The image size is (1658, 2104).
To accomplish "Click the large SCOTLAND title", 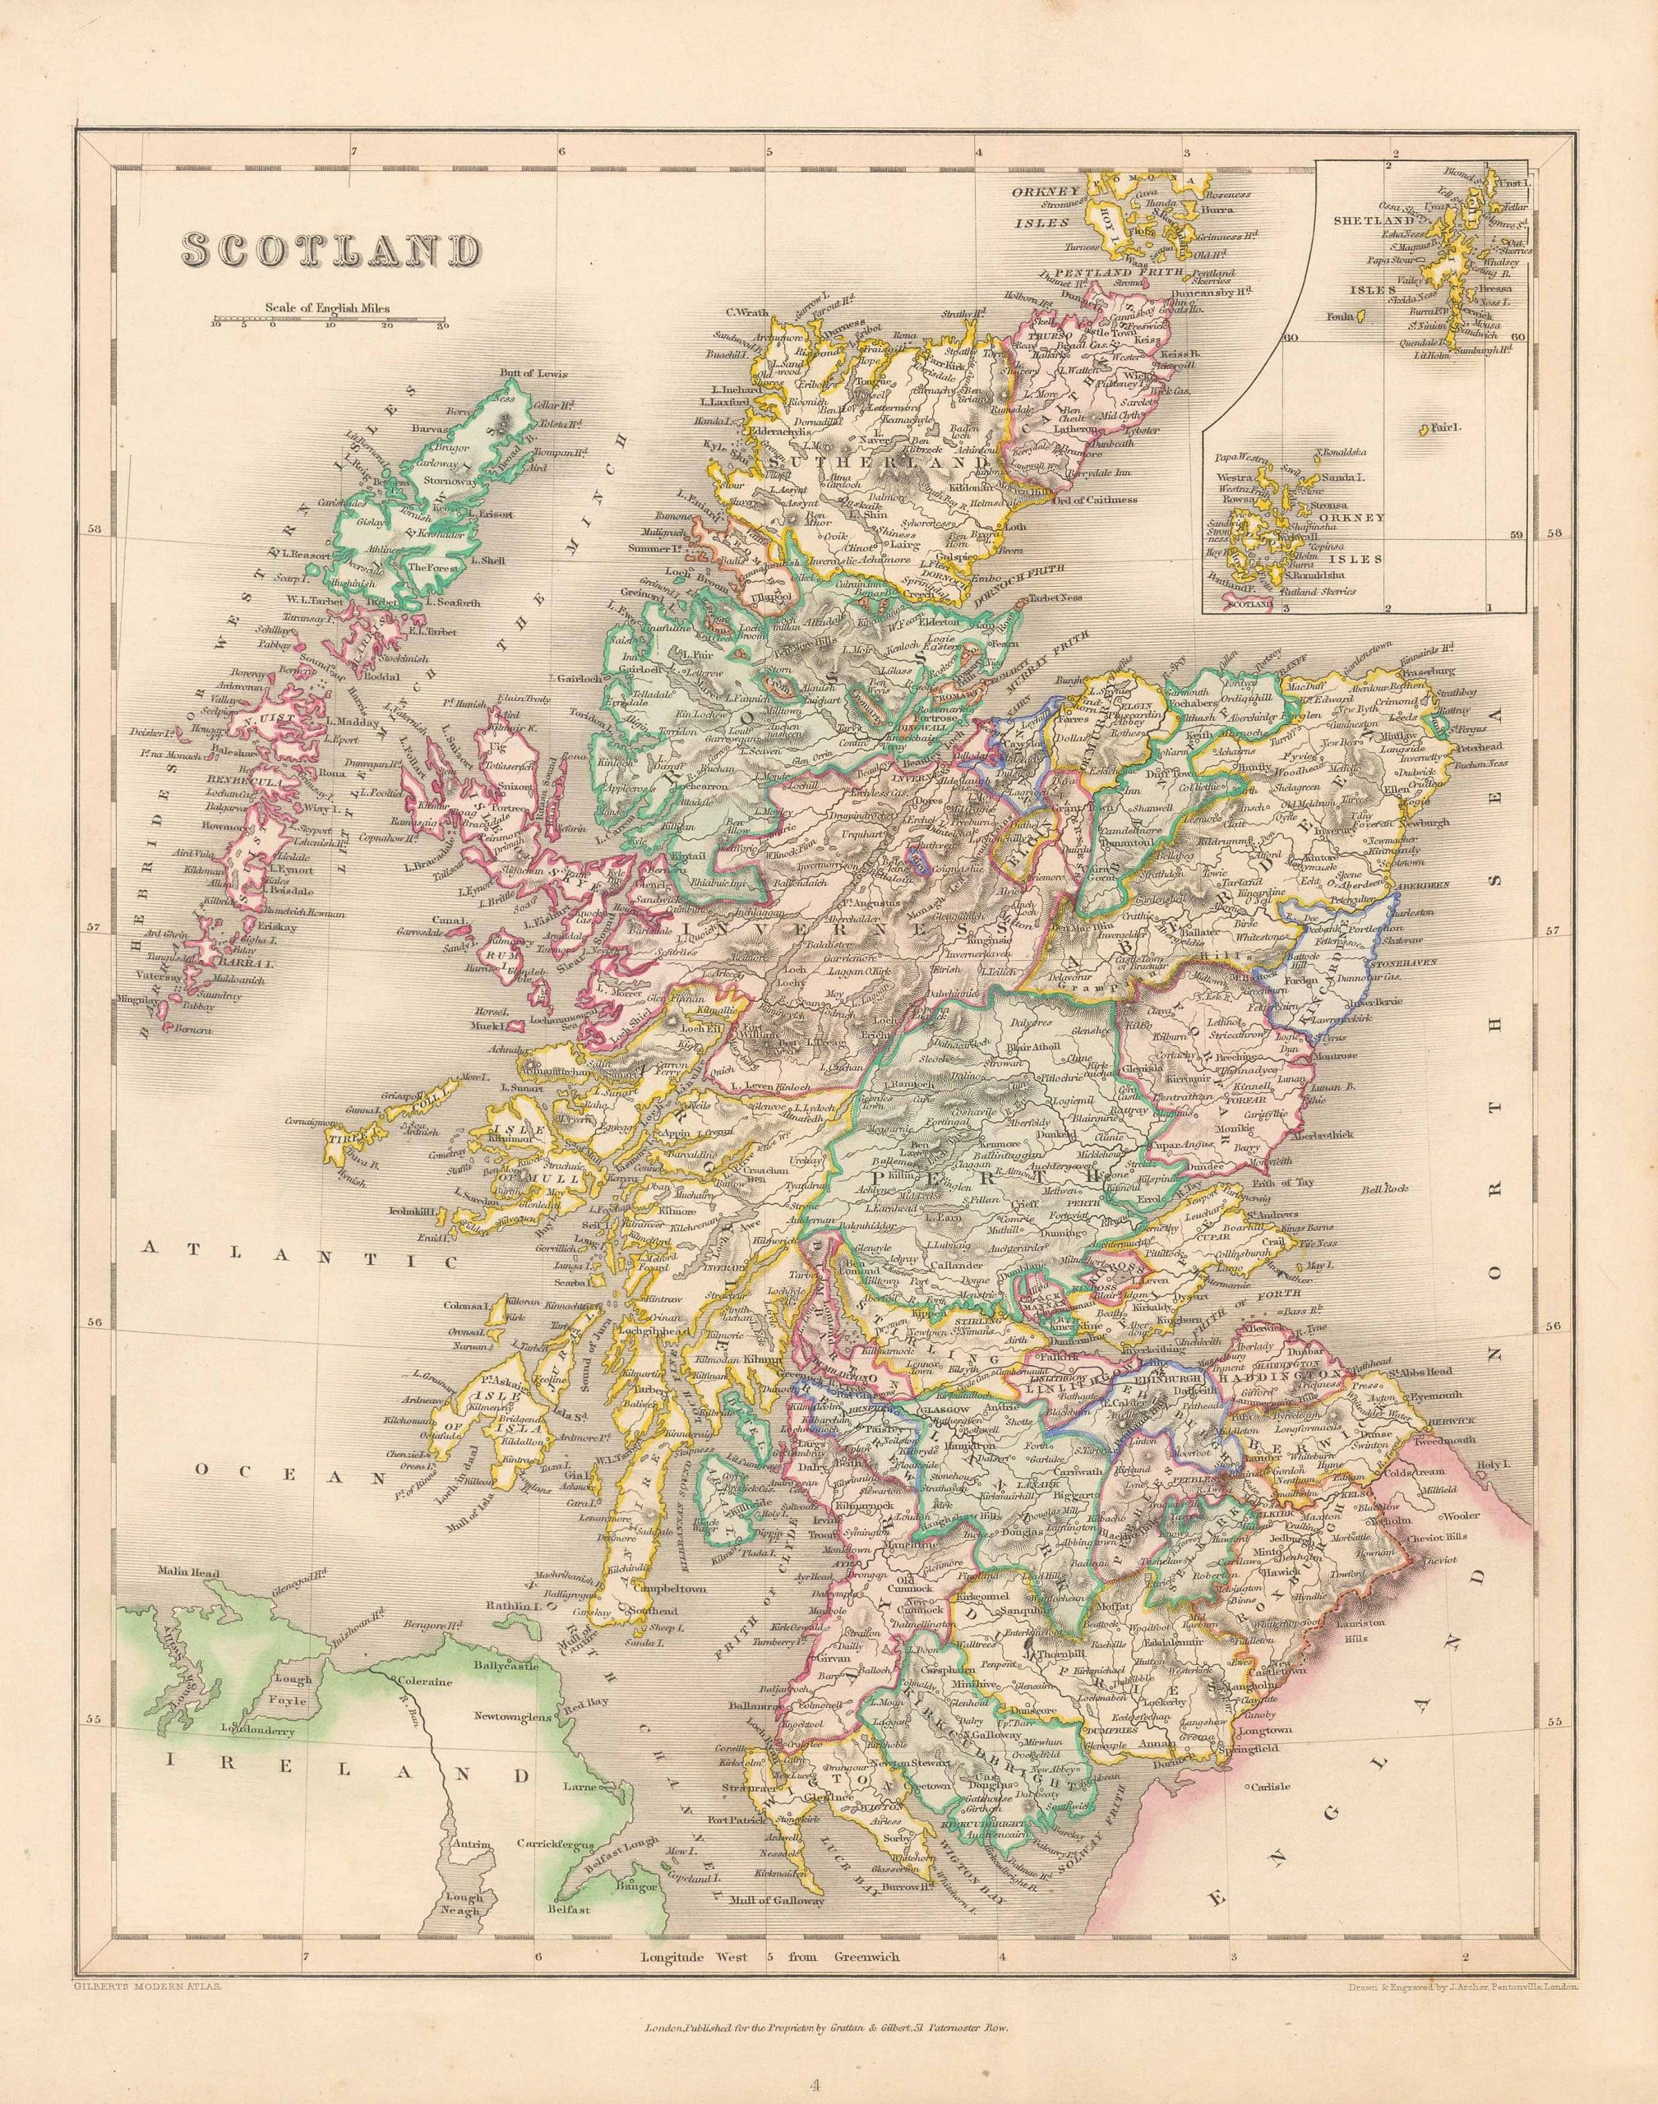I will click(x=332, y=251).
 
